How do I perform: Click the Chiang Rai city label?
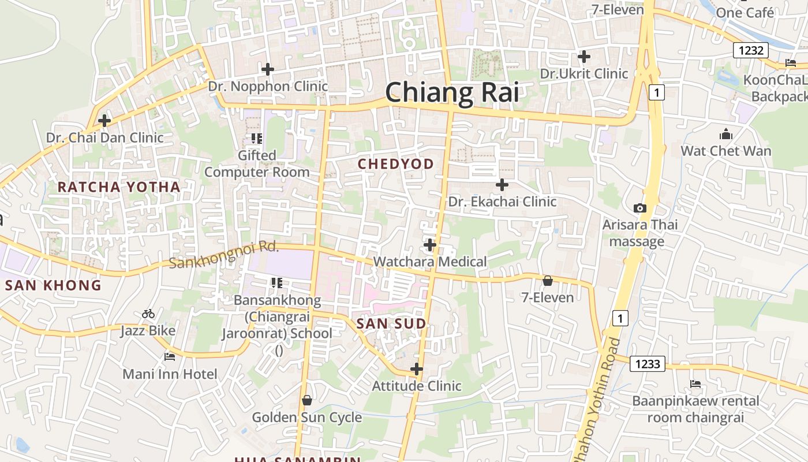(452, 92)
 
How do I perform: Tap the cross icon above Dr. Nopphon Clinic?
(268, 69)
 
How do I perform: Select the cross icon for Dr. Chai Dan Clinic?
(104, 121)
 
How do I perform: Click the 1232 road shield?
(751, 50)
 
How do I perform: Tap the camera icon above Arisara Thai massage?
(639, 208)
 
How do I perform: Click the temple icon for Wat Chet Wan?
(726, 135)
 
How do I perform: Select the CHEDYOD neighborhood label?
(396, 164)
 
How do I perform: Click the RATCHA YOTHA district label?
(119, 187)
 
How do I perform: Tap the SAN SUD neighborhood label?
(391, 324)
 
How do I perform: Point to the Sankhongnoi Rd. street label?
(225, 255)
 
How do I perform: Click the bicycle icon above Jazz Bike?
(148, 314)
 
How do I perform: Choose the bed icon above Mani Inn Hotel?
(170, 357)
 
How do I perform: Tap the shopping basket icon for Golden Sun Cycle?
(307, 400)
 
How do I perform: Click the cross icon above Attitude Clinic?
(417, 368)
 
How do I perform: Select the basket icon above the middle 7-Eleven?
(547, 281)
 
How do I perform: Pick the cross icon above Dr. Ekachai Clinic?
(502, 185)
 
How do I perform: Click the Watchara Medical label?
(430, 262)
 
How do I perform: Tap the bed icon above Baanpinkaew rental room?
(695, 383)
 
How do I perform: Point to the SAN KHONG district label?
(53, 285)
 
